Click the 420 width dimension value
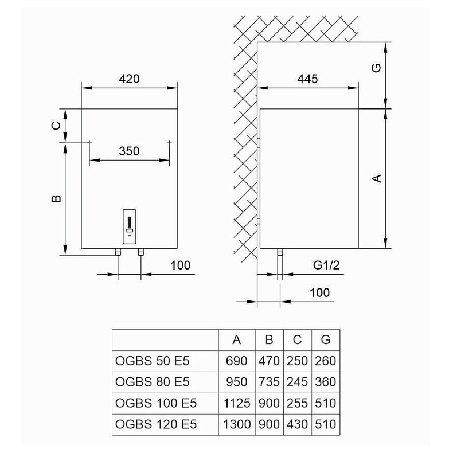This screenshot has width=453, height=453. (130, 79)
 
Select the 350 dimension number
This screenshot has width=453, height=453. (130, 151)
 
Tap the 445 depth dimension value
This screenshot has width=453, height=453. (307, 79)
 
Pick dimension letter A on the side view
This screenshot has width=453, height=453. (377, 178)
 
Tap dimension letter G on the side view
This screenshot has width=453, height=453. (377, 68)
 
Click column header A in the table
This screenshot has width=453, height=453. (236, 340)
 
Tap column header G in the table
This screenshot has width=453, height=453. (325, 340)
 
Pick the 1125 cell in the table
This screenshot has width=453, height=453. (236, 403)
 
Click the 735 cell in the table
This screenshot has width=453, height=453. (269, 382)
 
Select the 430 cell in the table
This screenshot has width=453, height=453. (297, 424)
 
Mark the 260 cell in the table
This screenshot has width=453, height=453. (325, 361)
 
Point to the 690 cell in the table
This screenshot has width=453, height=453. (236, 361)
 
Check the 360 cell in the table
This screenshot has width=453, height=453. (325, 382)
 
